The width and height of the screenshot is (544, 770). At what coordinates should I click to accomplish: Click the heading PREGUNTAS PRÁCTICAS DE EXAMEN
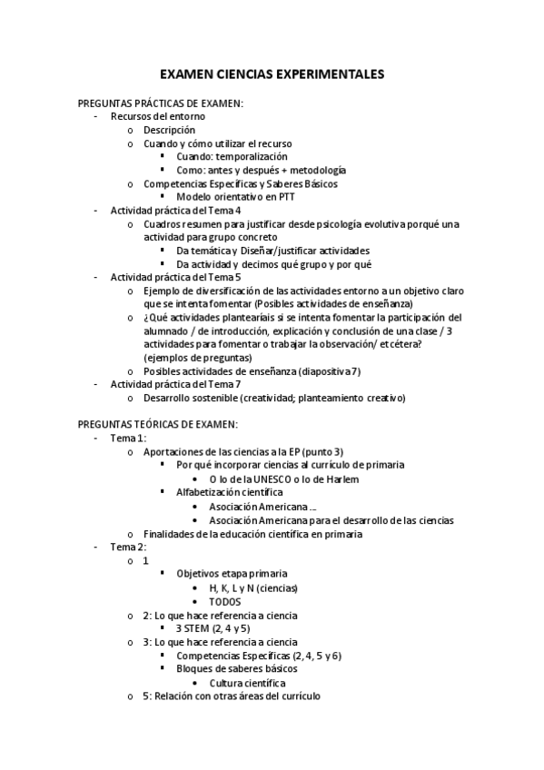tap(160, 103)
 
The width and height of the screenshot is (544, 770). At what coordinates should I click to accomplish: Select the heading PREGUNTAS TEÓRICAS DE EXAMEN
tap(158, 423)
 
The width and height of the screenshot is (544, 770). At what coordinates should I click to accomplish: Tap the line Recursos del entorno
tap(158, 116)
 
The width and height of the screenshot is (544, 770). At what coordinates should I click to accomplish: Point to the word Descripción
tap(169, 130)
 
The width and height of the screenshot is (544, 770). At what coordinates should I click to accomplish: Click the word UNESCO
tap(265, 478)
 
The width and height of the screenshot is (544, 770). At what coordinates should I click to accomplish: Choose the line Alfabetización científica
tap(231, 491)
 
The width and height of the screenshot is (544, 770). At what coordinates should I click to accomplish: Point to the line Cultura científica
tap(248, 682)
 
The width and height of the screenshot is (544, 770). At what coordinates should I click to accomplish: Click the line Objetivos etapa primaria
tap(232, 575)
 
